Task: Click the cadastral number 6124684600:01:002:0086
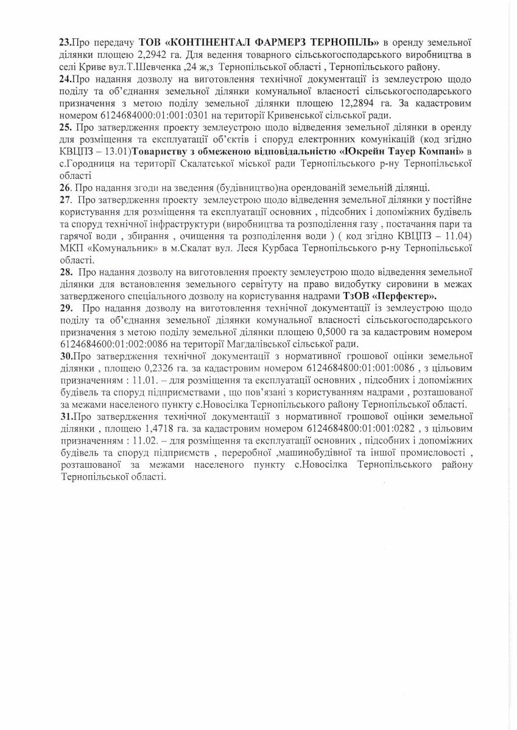pyautogui.click(x=118, y=342)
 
